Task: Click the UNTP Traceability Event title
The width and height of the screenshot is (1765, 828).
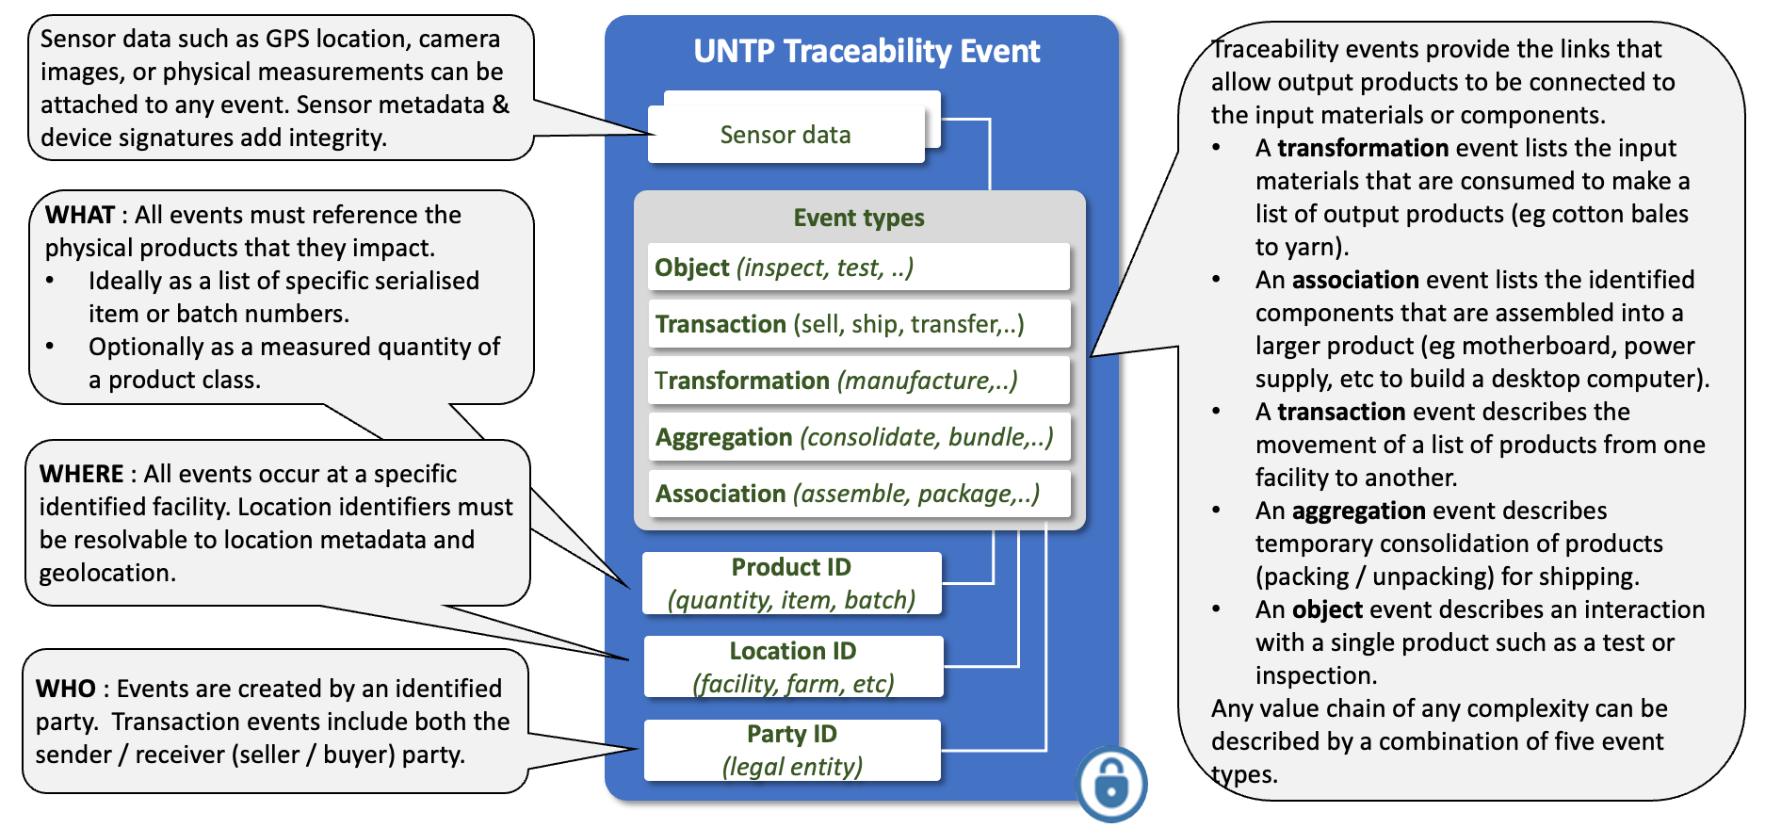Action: tap(866, 51)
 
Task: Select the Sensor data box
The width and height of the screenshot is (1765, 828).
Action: tap(785, 135)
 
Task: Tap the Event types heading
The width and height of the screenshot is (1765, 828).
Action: tap(858, 218)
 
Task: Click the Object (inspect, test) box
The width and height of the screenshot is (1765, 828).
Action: tap(858, 268)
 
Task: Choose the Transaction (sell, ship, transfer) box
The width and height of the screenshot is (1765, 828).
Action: tap(858, 324)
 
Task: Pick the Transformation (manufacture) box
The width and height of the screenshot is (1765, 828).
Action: tap(858, 381)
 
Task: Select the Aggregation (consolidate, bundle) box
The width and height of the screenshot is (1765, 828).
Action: tap(858, 437)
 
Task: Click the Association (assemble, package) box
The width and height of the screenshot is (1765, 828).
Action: tap(858, 494)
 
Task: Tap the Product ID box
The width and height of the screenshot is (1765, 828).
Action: tap(791, 583)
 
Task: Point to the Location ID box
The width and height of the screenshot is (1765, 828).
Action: tap(793, 667)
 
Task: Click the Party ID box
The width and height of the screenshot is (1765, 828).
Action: tap(792, 750)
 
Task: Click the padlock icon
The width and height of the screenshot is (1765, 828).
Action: tap(1111, 784)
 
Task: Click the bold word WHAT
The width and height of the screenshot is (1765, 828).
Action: tap(80, 215)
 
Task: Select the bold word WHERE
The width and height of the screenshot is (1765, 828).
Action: tap(82, 474)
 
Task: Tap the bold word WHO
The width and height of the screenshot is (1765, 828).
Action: tap(65, 689)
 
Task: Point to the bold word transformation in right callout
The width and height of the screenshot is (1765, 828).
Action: tap(1362, 148)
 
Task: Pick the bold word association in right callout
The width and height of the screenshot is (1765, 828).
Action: tap(1354, 280)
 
